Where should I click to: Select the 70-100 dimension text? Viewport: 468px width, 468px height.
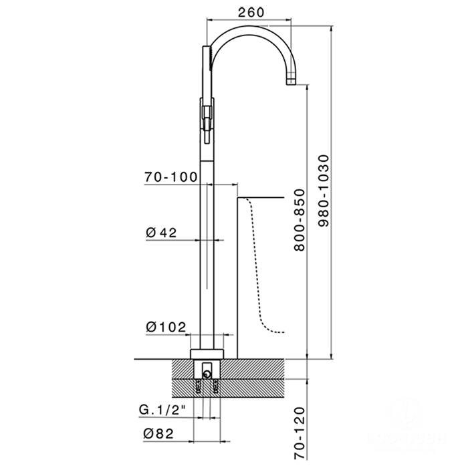169,177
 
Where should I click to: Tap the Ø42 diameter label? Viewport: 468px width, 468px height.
160,232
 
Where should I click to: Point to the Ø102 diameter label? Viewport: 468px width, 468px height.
164,327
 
